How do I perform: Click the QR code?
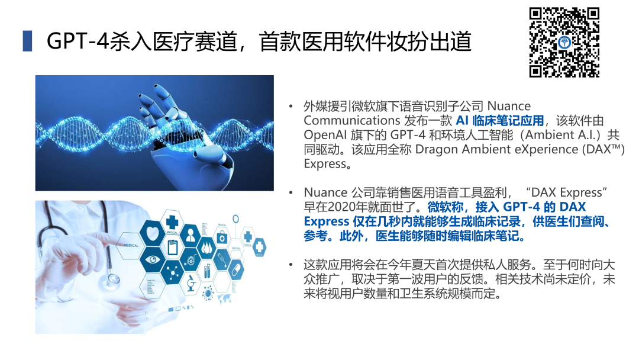click(564, 43)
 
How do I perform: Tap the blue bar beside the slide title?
click(27, 41)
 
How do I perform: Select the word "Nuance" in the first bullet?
click(509, 106)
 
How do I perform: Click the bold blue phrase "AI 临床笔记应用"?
click(499, 121)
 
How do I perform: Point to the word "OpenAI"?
click(325, 135)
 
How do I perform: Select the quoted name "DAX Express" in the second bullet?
click(566, 192)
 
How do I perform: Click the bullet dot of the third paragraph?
click(291, 265)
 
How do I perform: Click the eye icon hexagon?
click(152, 260)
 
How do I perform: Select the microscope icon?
click(191, 282)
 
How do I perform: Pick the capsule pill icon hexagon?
click(235, 269)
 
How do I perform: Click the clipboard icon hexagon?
click(173, 247)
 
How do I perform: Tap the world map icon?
click(224, 299)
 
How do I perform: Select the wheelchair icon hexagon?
click(190, 259)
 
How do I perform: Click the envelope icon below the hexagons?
click(171, 310)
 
